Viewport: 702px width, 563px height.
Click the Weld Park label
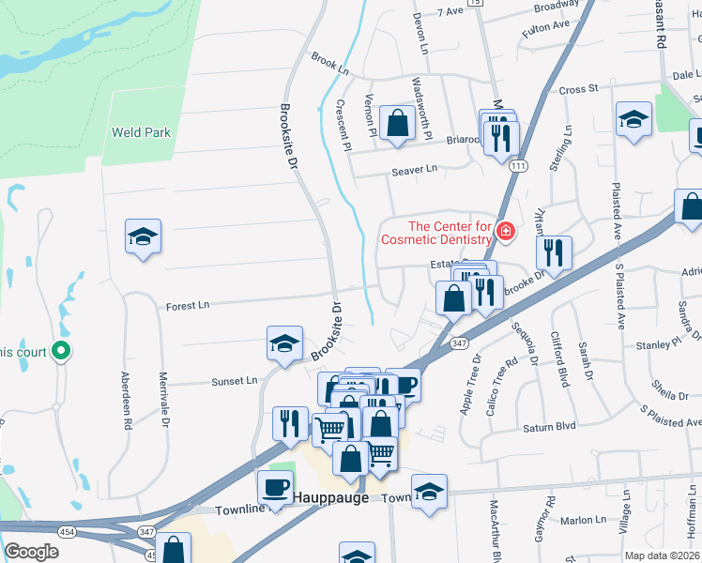coord(141,132)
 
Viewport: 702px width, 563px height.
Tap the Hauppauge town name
coord(331,497)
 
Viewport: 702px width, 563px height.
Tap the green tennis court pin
coord(61,352)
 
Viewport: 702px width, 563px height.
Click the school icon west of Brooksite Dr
coord(144,236)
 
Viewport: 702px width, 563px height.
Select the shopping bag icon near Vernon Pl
coord(398,122)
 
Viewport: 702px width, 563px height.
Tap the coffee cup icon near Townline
coord(275,488)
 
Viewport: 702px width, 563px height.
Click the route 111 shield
coord(518,165)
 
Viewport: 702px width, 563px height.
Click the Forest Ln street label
coord(188,306)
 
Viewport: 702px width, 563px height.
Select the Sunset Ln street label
coord(235,381)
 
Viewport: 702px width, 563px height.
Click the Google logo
coord(31,552)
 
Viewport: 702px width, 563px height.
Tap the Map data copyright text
coord(663,555)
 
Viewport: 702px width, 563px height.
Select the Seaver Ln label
coord(414,169)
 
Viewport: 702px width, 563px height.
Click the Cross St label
coord(578,89)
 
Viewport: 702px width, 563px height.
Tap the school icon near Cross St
coord(634,120)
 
